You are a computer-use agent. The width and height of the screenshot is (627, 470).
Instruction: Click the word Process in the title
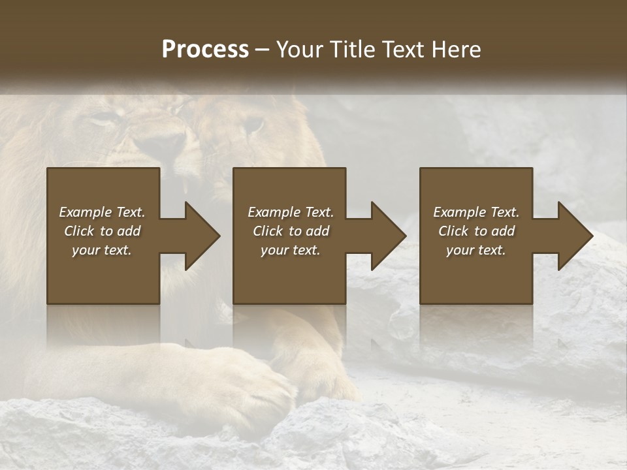(x=205, y=50)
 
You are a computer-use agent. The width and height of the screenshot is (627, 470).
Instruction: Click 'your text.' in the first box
(x=102, y=250)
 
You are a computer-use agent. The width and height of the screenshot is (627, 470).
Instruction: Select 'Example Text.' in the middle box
(x=291, y=212)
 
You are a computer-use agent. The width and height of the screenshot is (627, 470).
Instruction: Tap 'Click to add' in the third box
(x=476, y=231)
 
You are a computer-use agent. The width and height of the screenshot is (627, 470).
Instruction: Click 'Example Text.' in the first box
(x=102, y=212)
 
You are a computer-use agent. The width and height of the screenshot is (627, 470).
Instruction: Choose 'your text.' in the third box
(x=476, y=250)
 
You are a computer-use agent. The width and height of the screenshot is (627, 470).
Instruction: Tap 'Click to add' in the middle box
(x=291, y=231)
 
